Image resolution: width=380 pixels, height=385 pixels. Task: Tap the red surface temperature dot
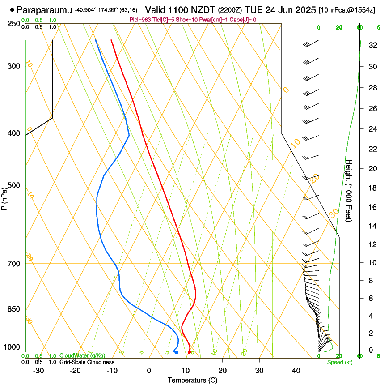pos(190,352)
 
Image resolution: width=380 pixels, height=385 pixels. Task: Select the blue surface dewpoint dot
pos(177,352)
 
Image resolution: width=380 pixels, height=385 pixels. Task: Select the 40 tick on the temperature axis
pos(296,371)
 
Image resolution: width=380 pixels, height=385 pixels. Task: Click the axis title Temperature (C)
pos(193,380)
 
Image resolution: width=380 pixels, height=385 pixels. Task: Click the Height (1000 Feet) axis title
pos(349,191)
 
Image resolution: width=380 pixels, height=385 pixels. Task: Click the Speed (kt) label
pos(339,362)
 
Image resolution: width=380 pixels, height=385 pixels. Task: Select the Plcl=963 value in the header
pos(141,20)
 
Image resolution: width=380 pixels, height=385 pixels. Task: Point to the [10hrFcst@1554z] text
pos(346,10)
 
